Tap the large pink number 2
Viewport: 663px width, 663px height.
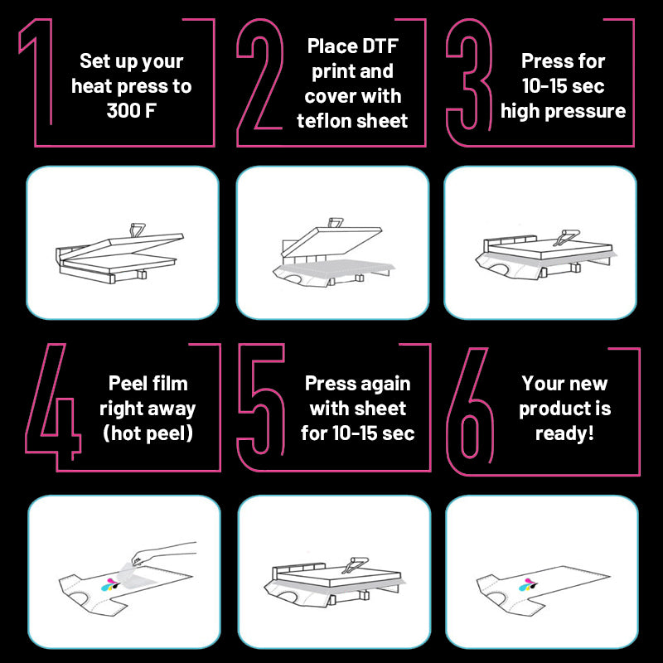(259, 74)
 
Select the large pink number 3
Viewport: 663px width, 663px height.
(469, 74)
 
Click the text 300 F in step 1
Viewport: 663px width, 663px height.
(131, 111)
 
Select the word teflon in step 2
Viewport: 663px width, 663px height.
(322, 121)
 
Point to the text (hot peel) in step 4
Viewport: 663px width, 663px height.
(148, 433)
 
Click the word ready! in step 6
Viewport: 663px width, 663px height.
(564, 433)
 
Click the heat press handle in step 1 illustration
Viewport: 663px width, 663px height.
(137, 230)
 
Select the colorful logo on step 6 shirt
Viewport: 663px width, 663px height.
(529, 585)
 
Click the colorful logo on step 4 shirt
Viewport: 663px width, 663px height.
(111, 585)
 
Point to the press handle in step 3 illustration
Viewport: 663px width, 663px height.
(567, 237)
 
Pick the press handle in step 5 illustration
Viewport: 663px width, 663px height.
(356, 565)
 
